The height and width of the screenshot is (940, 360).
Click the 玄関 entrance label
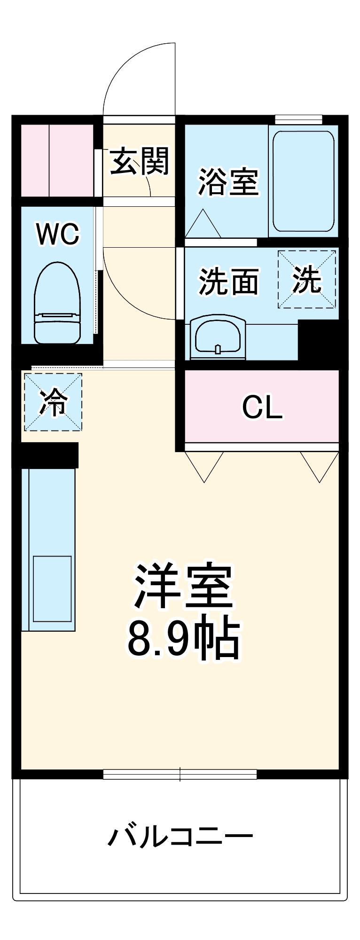(x=139, y=161)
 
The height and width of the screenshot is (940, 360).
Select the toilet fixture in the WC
(x=57, y=303)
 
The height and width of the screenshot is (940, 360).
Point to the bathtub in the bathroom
(x=303, y=181)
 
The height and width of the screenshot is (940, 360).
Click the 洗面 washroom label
(x=228, y=282)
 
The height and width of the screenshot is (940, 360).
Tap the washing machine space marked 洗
(x=307, y=279)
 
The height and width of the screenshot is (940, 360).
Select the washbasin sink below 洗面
(x=218, y=337)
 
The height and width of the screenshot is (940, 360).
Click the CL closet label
(x=262, y=407)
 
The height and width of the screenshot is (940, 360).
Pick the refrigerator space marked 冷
(x=53, y=402)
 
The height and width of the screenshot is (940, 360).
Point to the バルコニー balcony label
(x=180, y=837)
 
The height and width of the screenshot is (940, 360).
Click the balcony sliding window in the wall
(x=180, y=774)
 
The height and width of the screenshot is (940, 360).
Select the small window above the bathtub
(x=298, y=119)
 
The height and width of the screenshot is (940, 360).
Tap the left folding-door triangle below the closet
(x=204, y=463)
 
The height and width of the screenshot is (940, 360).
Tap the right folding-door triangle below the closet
(x=320, y=463)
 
